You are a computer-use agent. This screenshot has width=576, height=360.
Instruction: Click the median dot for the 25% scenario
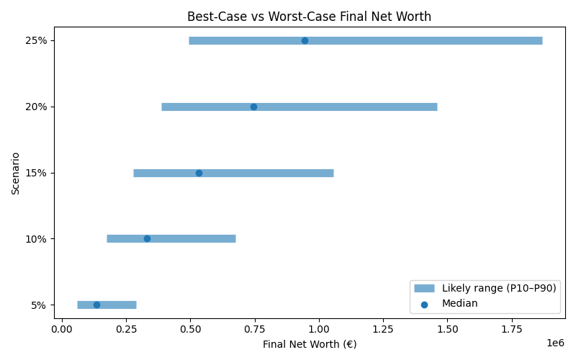coord(305,40)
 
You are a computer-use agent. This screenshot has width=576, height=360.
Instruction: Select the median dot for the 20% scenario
coord(253,107)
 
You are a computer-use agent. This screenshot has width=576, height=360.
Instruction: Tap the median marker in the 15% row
coord(199,173)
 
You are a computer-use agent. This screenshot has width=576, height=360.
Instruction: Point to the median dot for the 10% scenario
coord(147,238)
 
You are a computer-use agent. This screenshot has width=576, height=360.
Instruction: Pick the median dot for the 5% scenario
coord(96,305)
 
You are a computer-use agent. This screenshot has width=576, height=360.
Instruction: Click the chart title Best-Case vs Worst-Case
coord(309,17)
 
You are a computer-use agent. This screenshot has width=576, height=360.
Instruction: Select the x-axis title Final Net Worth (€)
coord(310,344)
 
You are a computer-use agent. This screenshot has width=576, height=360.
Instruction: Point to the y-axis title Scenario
coord(16,173)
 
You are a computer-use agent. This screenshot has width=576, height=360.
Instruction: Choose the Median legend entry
coord(459,304)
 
